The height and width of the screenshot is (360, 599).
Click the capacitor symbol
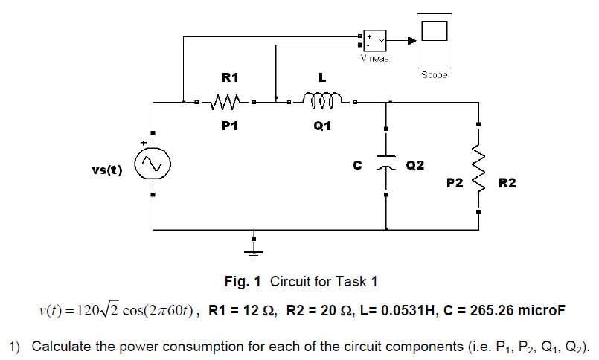(385, 163)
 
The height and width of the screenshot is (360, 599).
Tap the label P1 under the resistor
(230, 126)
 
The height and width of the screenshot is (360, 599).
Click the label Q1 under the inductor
(322, 126)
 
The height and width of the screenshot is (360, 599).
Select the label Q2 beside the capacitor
(415, 165)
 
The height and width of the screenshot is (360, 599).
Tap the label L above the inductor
(322, 77)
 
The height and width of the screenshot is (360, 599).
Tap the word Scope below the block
(434, 76)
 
